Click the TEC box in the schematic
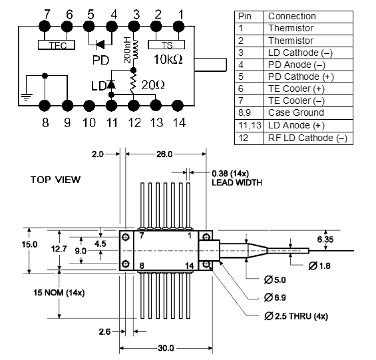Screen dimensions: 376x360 coord(57,45)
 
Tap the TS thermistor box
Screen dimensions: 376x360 coord(166,45)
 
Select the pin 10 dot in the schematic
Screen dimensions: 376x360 coord(89,106)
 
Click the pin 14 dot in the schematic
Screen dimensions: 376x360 coord(178,106)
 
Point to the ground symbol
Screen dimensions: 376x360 coord(27,97)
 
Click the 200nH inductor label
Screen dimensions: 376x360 coord(127,50)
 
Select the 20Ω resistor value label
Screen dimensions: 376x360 coord(153,85)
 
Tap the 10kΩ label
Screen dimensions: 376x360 coord(168,59)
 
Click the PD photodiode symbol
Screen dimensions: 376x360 coord(100,45)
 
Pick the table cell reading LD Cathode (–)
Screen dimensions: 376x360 coord(300,53)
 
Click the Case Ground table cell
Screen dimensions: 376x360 coord(296,112)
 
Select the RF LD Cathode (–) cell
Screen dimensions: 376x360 coord(307,138)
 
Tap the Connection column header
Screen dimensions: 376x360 coord(292,17)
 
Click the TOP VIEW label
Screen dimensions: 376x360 coord(55,180)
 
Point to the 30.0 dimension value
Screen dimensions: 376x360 coord(166,348)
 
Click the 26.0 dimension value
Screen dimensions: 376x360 coord(164,154)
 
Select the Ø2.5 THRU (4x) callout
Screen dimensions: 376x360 coord(296,316)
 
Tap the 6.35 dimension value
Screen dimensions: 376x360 coord(325,240)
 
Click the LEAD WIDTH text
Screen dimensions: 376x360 coord(237,183)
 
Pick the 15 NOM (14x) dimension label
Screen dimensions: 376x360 coord(59,293)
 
